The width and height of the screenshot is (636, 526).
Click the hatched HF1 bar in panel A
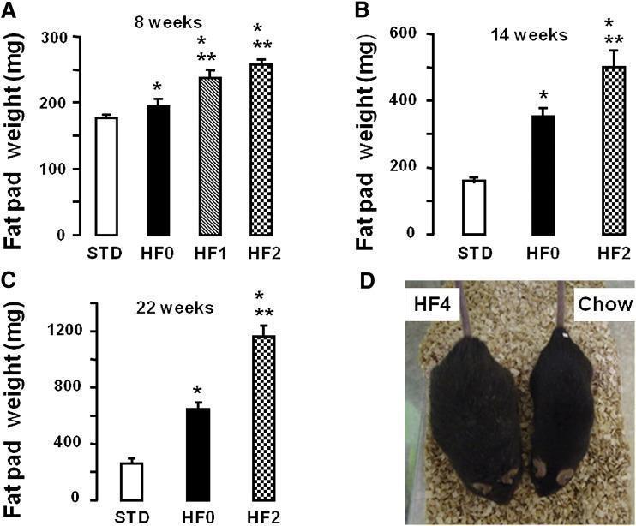210,156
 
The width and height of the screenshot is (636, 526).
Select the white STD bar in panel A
106,176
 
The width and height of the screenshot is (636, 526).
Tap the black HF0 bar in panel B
543,175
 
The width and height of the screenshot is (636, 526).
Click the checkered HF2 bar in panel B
614,150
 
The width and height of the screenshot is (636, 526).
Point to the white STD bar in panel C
132,481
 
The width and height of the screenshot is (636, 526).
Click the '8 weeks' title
168,22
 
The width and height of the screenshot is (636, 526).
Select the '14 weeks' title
530,35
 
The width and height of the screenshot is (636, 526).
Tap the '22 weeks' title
175,308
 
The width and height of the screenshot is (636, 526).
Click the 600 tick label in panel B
402,33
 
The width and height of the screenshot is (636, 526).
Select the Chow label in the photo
605,304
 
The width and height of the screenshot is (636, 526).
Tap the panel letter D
368,282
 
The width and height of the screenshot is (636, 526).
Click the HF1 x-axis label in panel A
211,254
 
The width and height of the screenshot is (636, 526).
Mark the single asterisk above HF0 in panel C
197,392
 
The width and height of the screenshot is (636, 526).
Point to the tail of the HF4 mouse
464,308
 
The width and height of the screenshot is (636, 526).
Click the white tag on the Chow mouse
563,335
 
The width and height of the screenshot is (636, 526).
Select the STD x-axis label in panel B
475,254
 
